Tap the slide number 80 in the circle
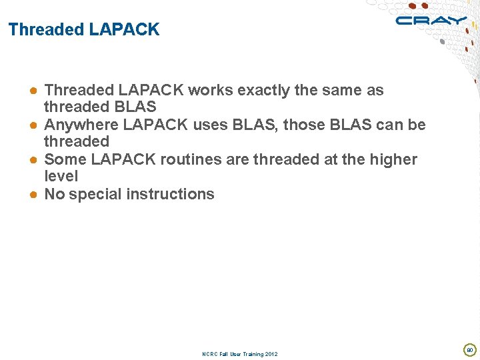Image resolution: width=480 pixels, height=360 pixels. pyautogui.click(x=469, y=349)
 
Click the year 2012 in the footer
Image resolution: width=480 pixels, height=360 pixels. pyautogui.click(x=271, y=354)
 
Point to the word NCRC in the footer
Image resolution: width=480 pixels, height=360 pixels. pyautogui.click(x=209, y=354)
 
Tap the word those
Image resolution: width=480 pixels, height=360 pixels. pyautogui.click(x=311, y=125)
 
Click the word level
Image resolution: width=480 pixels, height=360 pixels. pyautogui.click(x=61, y=176)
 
